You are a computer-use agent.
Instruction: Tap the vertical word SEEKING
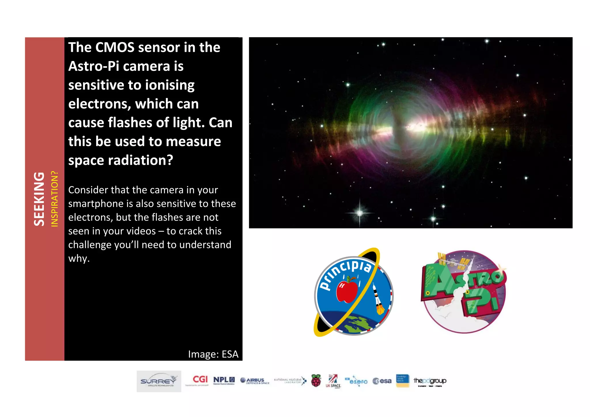click(x=39, y=199)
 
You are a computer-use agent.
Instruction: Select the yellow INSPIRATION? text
click(x=54, y=199)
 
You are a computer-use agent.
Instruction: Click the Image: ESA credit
click(x=213, y=354)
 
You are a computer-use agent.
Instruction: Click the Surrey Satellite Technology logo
click(x=159, y=381)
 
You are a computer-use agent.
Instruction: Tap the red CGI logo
click(x=200, y=379)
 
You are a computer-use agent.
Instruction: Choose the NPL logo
click(x=224, y=380)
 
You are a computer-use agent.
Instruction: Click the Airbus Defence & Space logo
click(x=255, y=381)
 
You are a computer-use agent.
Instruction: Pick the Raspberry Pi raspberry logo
click(x=316, y=381)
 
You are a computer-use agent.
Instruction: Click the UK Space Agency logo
click(x=333, y=381)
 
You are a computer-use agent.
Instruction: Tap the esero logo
click(x=357, y=381)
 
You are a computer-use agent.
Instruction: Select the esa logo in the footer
click(x=382, y=381)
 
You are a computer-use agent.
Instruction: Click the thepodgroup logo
click(x=430, y=381)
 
